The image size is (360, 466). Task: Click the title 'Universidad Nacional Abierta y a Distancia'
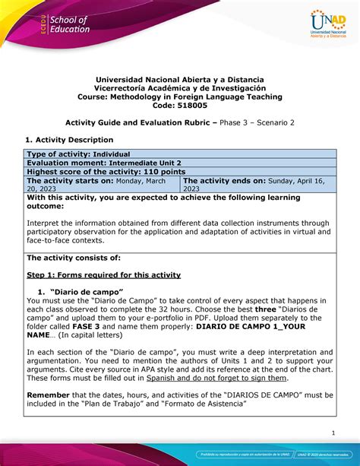180,78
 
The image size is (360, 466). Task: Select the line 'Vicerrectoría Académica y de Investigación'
180,87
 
